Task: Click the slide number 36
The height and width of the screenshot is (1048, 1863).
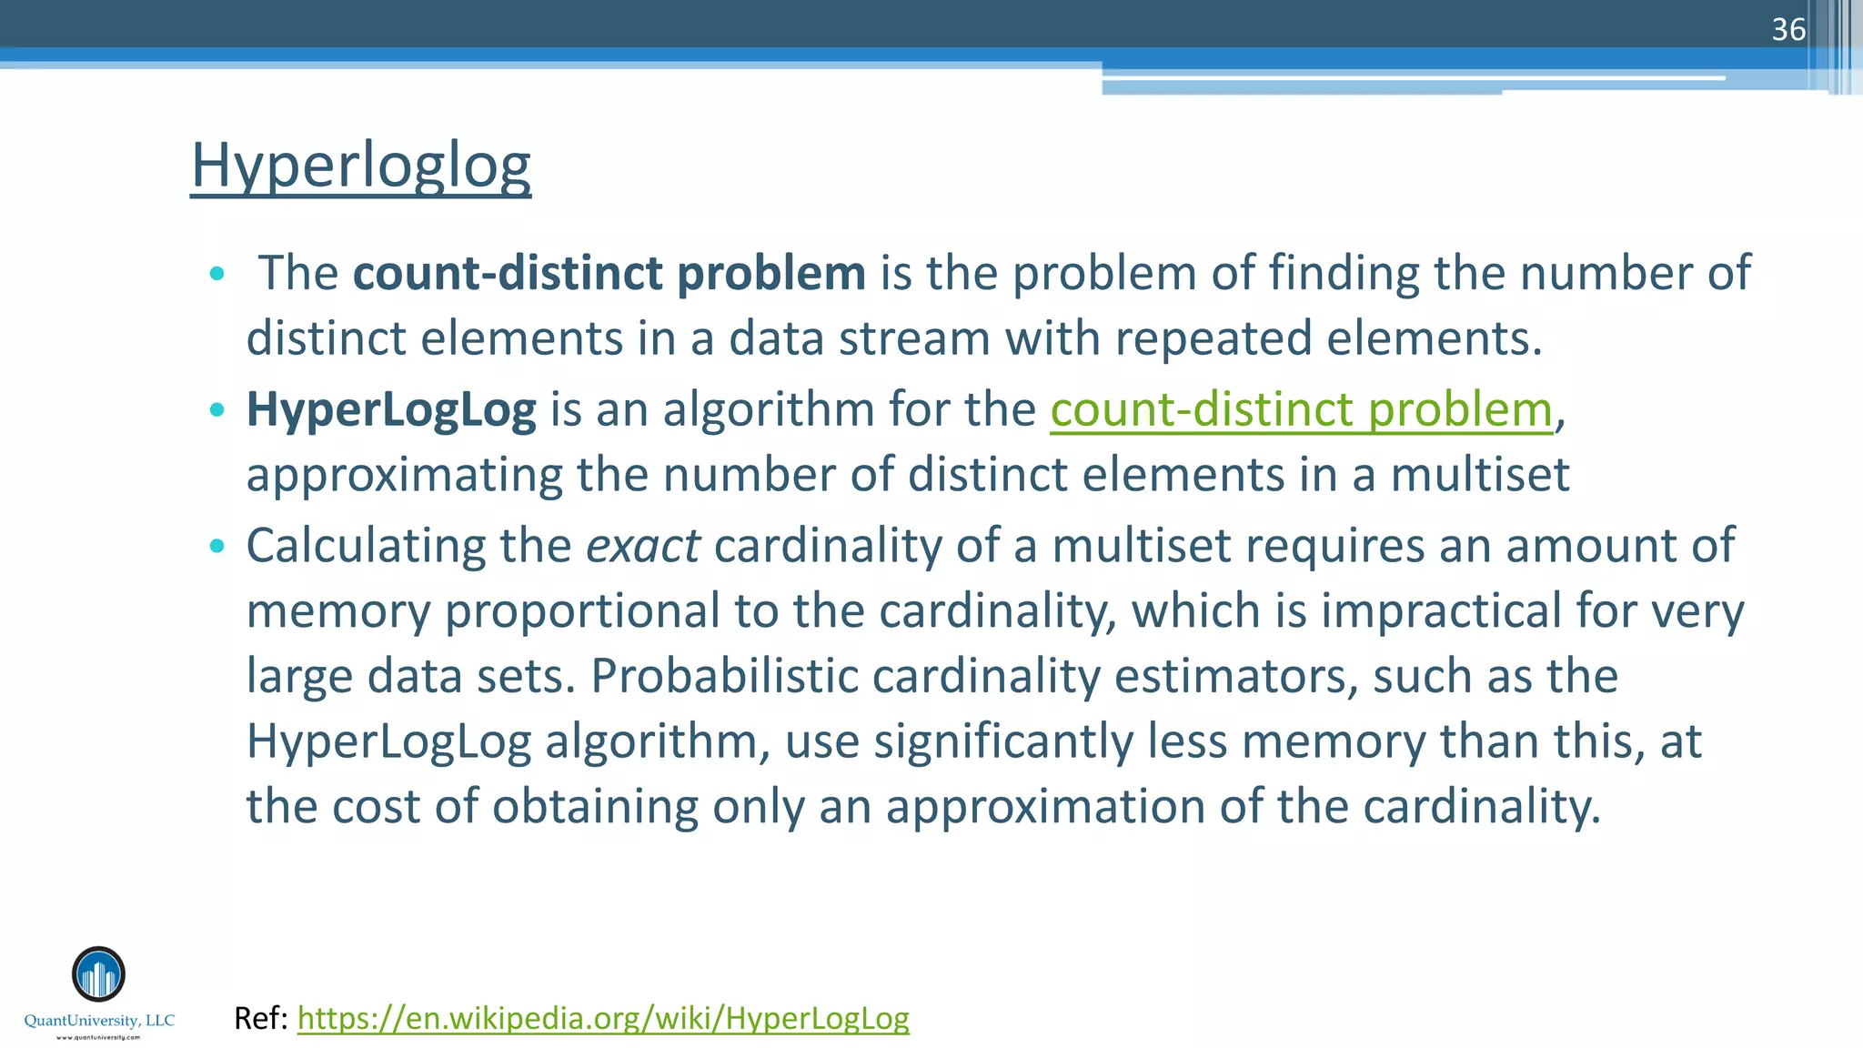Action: pos(1787,30)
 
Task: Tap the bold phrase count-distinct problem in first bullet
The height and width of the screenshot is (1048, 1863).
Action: pos(609,273)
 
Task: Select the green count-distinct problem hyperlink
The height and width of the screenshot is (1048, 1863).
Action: pos(1301,409)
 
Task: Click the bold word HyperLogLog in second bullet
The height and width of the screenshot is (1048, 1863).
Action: pos(391,409)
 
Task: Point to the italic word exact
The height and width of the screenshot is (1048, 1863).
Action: pos(642,546)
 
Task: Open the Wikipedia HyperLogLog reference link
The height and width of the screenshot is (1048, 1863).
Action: pos(602,1018)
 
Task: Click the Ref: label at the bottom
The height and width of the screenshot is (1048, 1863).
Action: pos(261,1018)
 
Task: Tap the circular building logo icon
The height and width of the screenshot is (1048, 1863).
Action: pos(98,974)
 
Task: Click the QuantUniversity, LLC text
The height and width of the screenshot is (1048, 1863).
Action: pos(99,1021)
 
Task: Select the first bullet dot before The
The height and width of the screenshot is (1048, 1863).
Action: pos(216,274)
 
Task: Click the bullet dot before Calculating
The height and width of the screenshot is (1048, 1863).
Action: pos(216,546)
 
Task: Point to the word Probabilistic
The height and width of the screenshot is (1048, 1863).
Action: pos(724,676)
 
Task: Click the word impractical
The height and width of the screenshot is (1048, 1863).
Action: pos(1441,610)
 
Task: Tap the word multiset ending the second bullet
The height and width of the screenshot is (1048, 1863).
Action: pos(1479,475)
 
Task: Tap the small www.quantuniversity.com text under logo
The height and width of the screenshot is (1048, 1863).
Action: pos(98,1037)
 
